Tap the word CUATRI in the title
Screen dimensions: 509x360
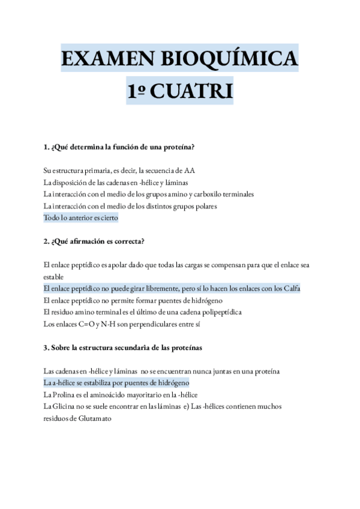[x=191, y=92]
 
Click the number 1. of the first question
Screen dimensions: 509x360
[x=46, y=146]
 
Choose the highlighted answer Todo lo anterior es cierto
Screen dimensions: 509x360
[x=81, y=218]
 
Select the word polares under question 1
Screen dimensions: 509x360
[x=203, y=206]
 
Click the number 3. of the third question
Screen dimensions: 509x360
[x=46, y=348]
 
